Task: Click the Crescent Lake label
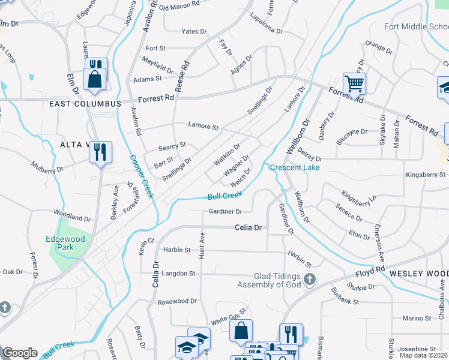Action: point(295,167)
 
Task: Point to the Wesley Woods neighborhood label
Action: point(418,273)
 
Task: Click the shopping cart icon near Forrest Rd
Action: point(354,83)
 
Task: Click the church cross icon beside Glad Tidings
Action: point(309,280)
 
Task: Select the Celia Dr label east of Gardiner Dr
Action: point(249,228)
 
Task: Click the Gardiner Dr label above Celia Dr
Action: point(225,212)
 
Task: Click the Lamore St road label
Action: point(203,127)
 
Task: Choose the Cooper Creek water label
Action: point(142,178)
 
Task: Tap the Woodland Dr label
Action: point(71,215)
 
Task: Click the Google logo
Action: point(20,353)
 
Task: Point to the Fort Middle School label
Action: point(416,27)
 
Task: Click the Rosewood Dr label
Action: point(176,301)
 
